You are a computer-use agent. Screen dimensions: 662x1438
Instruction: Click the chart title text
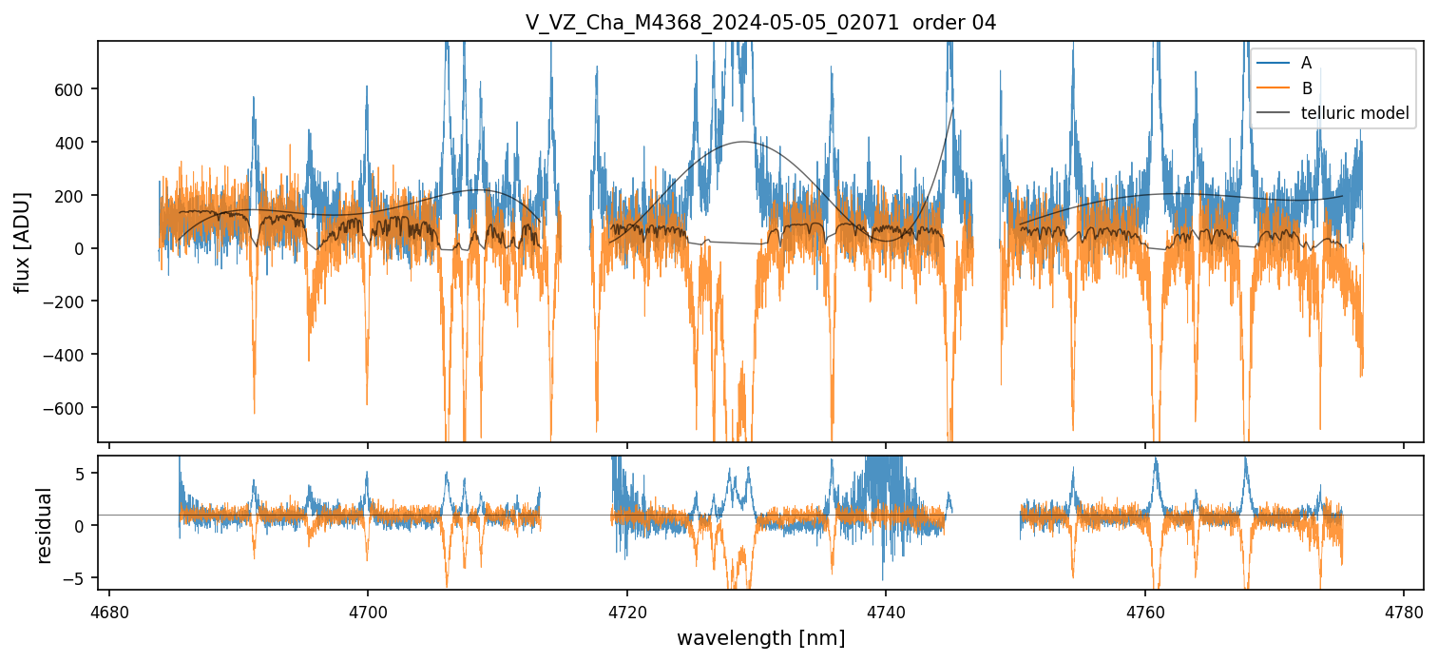(760, 23)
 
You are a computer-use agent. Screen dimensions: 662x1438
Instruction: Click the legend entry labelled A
(1306, 63)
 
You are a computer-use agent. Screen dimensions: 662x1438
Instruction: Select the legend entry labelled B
(1306, 88)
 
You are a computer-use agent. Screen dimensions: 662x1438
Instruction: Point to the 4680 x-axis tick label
(109, 609)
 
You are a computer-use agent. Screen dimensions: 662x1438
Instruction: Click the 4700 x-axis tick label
(368, 609)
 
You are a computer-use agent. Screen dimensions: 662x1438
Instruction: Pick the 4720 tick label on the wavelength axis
(627, 609)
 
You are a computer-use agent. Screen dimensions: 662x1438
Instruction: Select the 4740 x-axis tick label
(886, 609)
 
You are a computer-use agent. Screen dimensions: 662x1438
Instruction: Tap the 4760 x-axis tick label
(1145, 609)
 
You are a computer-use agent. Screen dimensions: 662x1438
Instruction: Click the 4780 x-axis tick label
(1404, 609)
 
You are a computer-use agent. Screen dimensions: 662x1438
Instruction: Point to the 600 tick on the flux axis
(75, 89)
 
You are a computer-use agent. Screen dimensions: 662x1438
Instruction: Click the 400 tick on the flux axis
(75, 143)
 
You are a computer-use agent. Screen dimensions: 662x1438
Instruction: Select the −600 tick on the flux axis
(69, 408)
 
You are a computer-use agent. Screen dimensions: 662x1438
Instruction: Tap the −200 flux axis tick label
(69, 302)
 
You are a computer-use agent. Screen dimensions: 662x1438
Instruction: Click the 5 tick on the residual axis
(82, 474)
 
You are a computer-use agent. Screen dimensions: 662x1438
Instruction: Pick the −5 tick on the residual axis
(78, 577)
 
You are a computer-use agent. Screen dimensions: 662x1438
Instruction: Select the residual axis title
(44, 525)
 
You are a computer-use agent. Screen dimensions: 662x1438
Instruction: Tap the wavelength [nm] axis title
(760, 637)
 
